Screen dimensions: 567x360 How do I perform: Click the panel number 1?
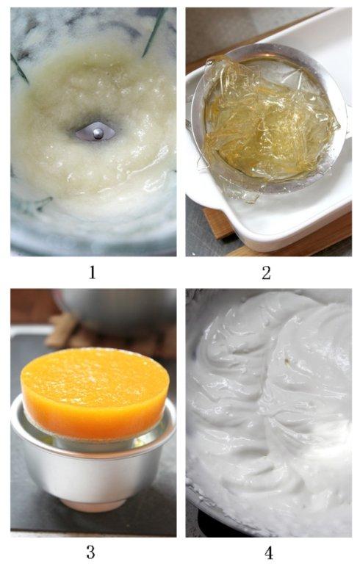pos(92,272)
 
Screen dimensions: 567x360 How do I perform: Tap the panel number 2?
pos(266,272)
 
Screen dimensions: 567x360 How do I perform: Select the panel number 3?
pos(90,552)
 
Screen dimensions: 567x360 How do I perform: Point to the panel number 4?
pos(266,552)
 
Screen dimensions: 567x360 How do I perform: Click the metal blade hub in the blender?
pos(96,133)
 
